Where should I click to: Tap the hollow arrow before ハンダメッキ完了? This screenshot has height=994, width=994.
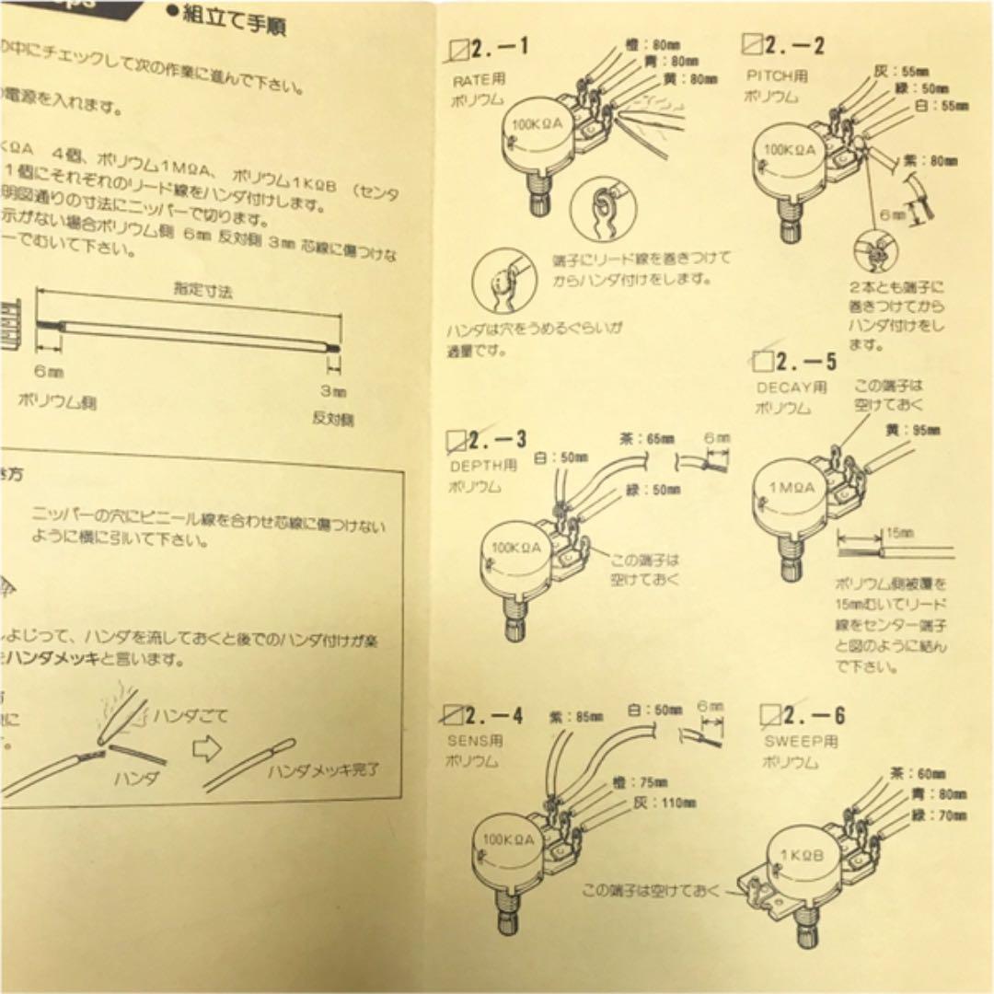pos(207,748)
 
